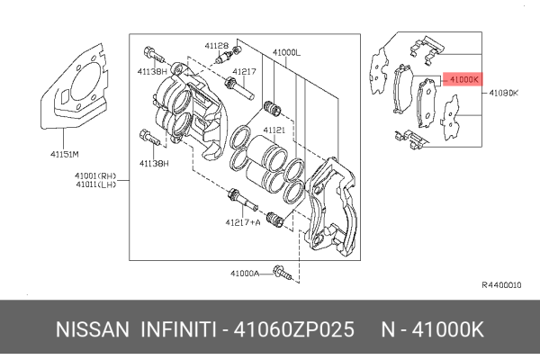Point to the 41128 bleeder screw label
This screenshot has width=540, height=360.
pos(216,44)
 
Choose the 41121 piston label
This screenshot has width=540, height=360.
pos(274,130)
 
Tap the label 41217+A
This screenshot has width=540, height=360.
pos(243,221)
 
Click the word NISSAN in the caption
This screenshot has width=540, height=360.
pos(88,329)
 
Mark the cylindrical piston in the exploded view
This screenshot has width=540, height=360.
pos(266,157)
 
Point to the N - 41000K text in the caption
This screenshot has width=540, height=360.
pos(435,329)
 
